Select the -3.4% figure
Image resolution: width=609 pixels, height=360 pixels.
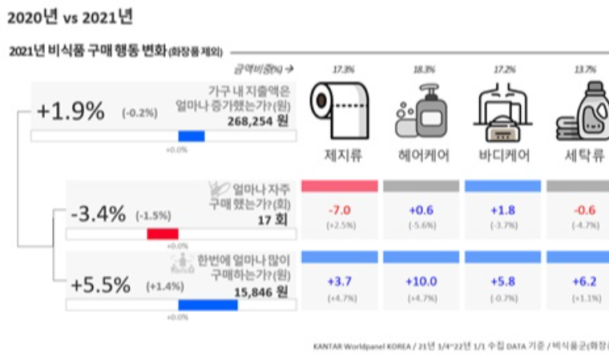pyautogui.click(x=97, y=215)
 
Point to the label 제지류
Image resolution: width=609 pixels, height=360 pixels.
pyautogui.click(x=340, y=155)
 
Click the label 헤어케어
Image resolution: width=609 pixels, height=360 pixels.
pyautogui.click(x=421, y=155)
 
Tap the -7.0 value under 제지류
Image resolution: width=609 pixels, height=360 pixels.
pyautogui.click(x=339, y=210)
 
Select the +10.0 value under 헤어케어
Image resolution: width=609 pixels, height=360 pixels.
pyautogui.click(x=421, y=281)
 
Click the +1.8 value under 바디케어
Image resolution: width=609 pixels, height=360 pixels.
pyautogui.click(x=502, y=210)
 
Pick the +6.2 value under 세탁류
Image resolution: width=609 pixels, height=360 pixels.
pyautogui.click(x=583, y=281)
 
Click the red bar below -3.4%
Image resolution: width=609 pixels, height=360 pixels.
pyautogui.click(x=163, y=235)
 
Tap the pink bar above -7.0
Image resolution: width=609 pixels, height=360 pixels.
pyautogui.click(x=339, y=186)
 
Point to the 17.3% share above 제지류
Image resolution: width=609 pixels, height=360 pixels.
pyautogui.click(x=341, y=71)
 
